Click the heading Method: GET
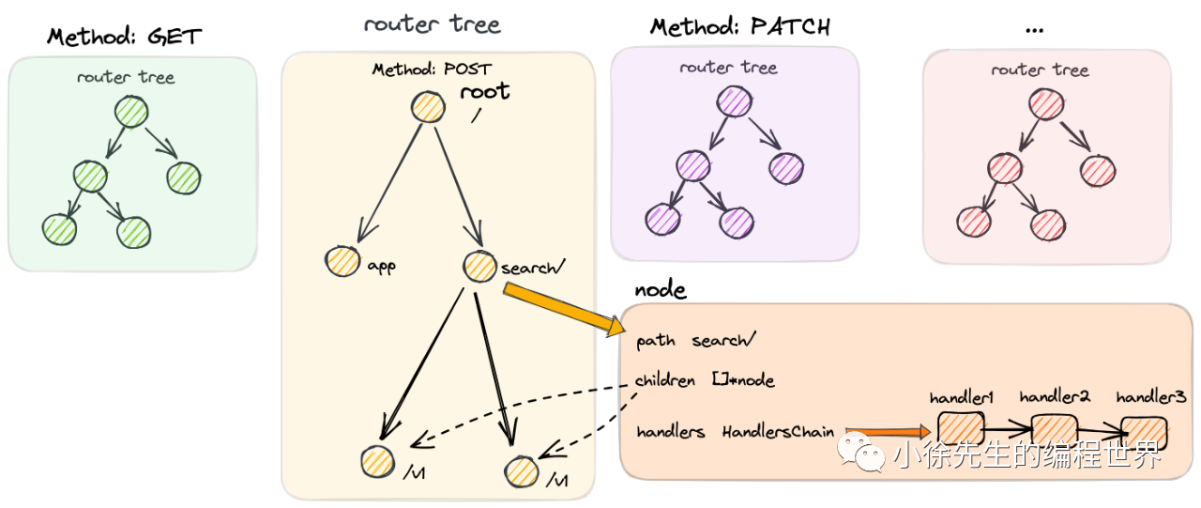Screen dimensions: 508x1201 point(125,38)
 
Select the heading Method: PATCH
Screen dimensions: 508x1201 point(740,26)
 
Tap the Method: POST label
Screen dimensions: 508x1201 point(432,69)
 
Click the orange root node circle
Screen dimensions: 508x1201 point(428,106)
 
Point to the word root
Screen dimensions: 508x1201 point(484,91)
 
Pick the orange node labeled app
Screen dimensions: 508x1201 point(342,263)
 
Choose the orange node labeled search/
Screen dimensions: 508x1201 point(479,267)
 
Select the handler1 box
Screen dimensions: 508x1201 point(959,429)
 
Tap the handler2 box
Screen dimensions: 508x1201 point(1053,429)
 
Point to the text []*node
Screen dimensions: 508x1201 point(742,380)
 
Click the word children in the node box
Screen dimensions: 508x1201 point(664,380)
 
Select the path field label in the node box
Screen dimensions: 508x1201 point(655,341)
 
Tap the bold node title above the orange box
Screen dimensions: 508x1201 point(660,290)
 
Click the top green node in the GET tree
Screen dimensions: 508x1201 point(132,114)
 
